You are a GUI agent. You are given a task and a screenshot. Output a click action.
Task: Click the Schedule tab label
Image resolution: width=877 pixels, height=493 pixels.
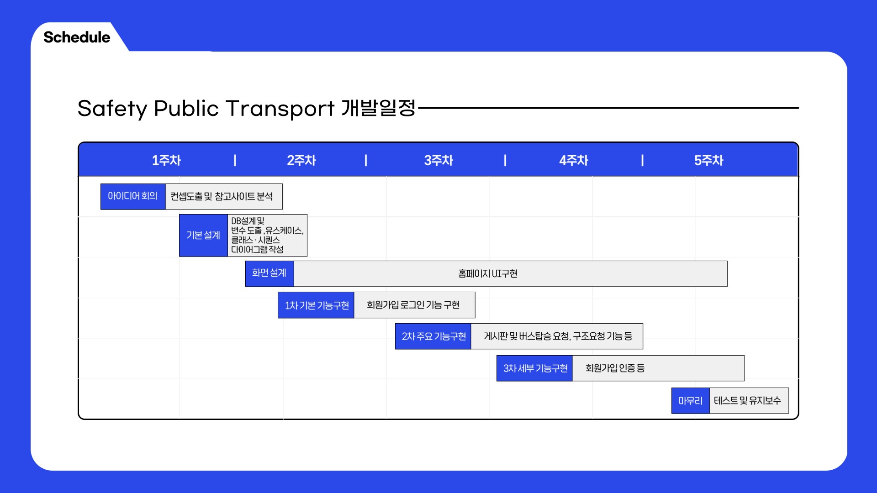click(77, 37)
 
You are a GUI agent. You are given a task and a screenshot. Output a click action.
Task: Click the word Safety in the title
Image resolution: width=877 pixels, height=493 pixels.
click(112, 109)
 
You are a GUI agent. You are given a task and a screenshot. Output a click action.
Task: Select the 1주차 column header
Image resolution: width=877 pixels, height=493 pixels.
click(166, 160)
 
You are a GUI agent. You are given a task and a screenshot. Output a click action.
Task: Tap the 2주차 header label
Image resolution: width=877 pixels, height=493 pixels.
click(301, 160)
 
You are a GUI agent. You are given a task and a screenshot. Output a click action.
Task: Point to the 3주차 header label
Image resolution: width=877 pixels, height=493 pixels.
click(438, 160)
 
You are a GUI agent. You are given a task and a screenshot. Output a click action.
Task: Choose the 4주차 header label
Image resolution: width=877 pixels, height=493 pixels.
click(574, 160)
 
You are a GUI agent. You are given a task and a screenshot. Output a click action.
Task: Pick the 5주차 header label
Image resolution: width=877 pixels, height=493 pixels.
click(709, 160)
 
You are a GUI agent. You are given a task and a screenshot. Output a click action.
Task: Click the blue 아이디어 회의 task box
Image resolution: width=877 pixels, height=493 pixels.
click(133, 196)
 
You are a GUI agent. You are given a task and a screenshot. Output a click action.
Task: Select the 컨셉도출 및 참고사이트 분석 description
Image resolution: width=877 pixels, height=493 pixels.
click(222, 196)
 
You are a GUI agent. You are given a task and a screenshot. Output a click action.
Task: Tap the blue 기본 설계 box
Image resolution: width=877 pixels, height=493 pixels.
click(203, 236)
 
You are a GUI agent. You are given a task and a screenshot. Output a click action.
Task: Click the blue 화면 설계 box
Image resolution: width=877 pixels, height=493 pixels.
click(269, 273)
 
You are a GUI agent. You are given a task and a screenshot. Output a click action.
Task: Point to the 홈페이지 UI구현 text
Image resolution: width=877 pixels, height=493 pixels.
click(488, 273)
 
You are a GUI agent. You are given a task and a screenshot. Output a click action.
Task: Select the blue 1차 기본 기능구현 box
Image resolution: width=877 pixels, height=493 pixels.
click(316, 305)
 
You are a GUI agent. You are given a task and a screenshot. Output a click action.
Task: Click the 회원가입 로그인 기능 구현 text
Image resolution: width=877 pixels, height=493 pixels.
click(413, 305)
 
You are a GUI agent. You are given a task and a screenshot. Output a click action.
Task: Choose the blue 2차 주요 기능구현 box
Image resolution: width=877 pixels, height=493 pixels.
click(433, 336)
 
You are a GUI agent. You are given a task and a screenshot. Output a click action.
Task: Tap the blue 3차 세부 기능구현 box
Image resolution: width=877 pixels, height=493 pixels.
click(534, 368)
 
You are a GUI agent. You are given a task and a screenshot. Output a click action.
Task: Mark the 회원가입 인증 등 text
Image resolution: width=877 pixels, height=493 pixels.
click(615, 368)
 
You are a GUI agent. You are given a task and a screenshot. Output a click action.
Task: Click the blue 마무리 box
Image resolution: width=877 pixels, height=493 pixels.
click(691, 401)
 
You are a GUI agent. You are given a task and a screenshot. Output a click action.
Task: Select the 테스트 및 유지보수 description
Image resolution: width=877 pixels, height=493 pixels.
click(747, 401)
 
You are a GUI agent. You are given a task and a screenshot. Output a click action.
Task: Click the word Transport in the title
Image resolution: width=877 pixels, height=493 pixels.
click(280, 109)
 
